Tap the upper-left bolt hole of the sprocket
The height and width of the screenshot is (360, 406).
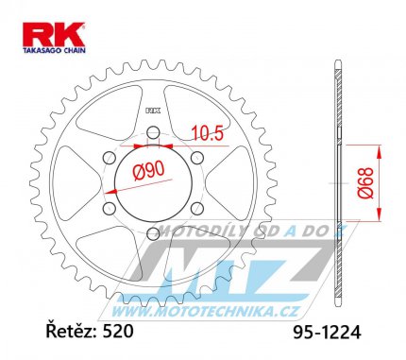[110, 157]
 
